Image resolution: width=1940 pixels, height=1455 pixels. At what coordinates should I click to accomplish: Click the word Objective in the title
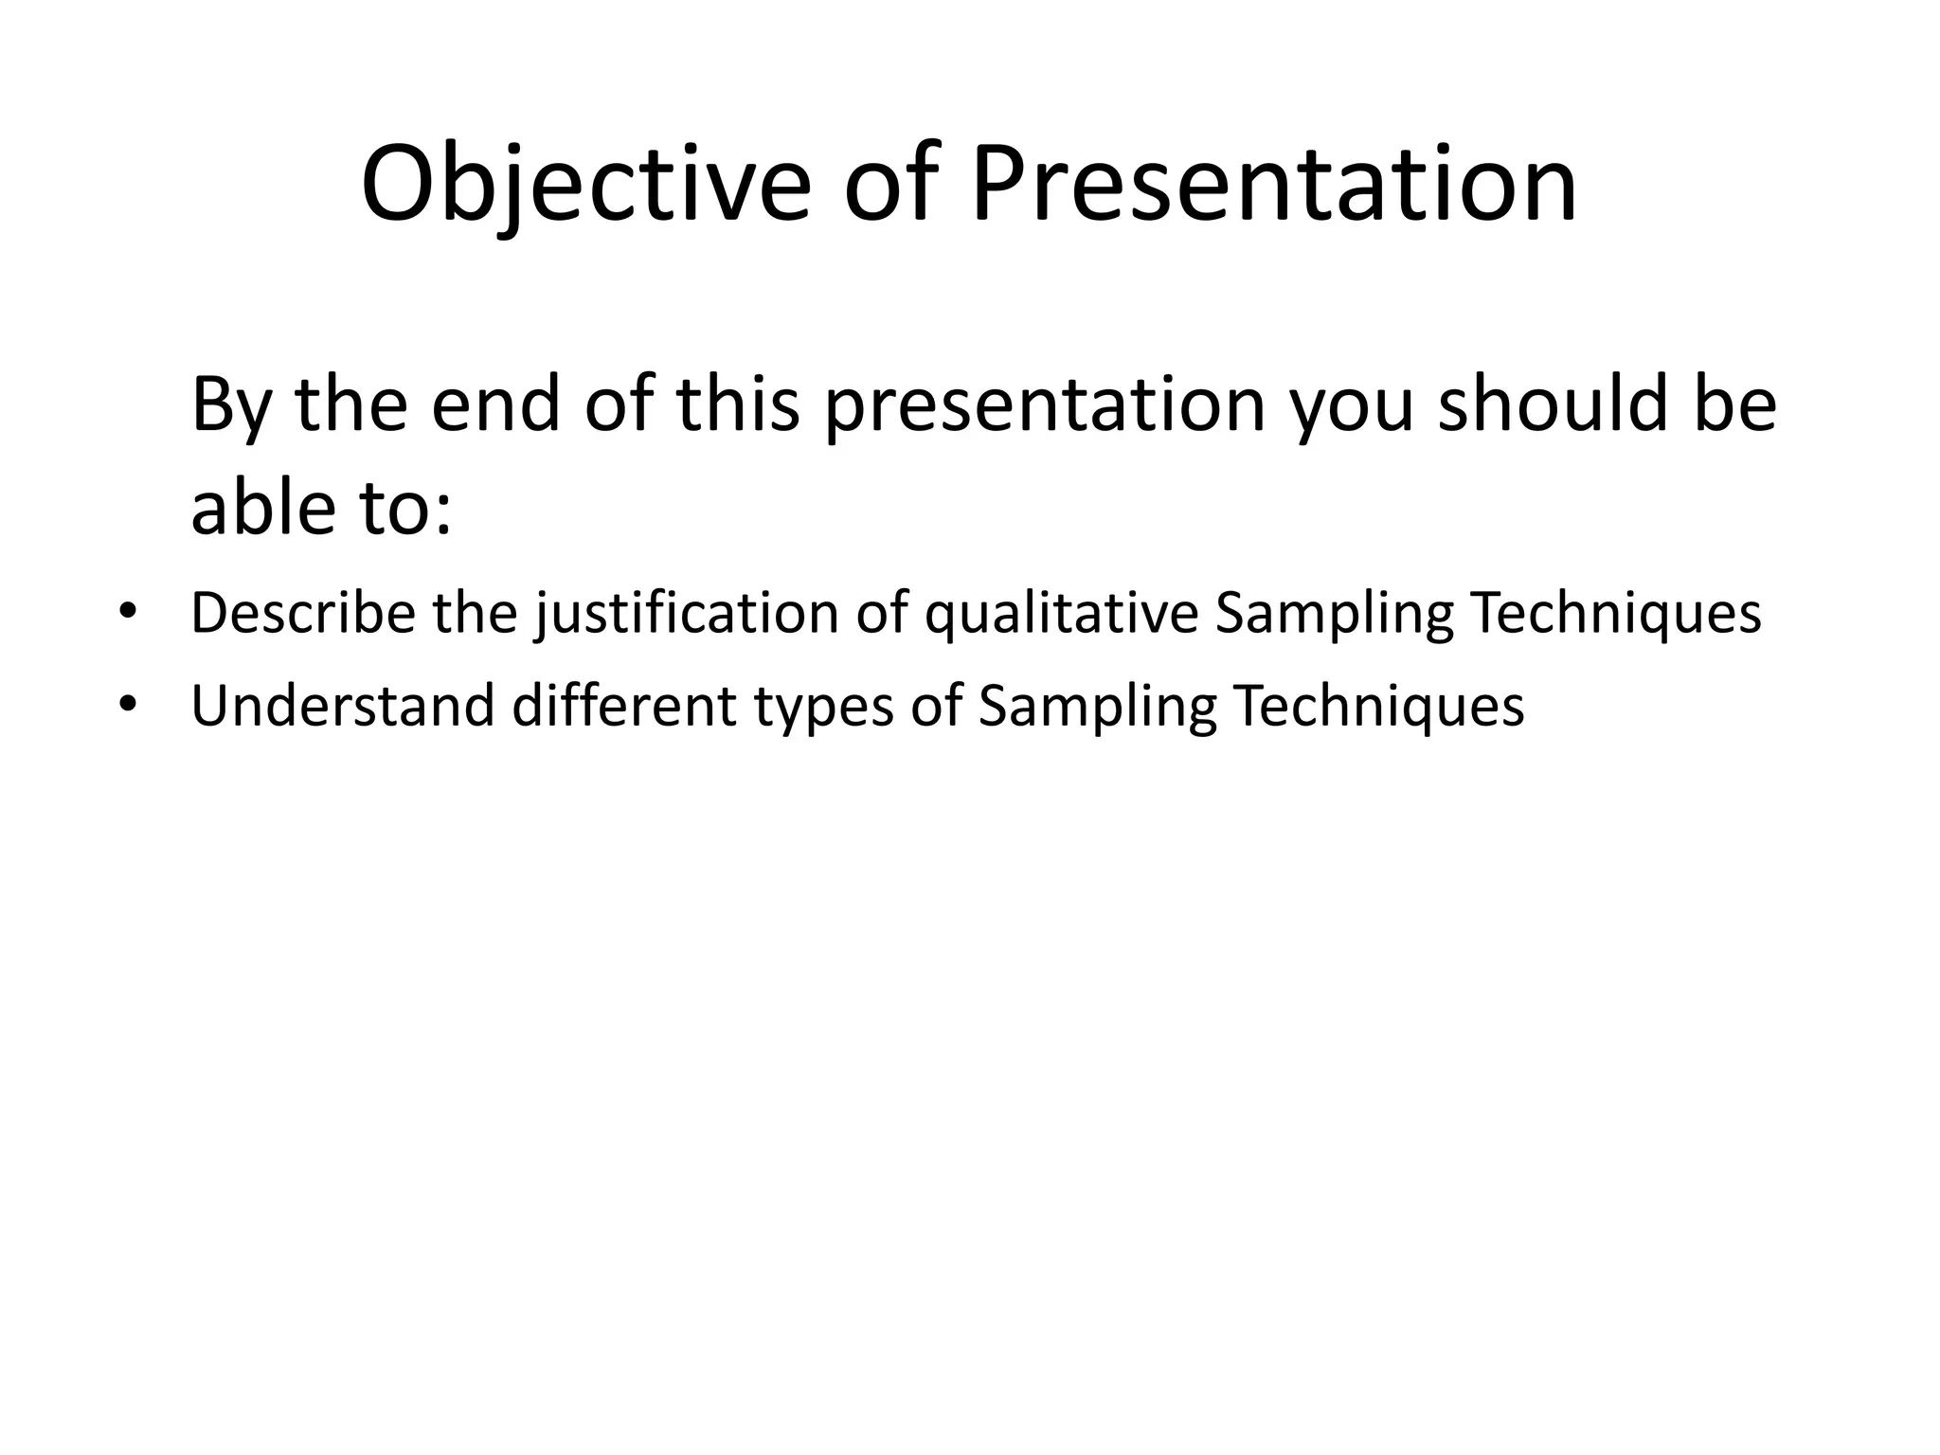pyautogui.click(x=585, y=185)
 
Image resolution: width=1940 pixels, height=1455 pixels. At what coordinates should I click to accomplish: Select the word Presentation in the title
pyautogui.click(x=1273, y=185)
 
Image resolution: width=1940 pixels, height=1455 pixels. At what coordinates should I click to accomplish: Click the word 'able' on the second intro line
pyautogui.click(x=264, y=508)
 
